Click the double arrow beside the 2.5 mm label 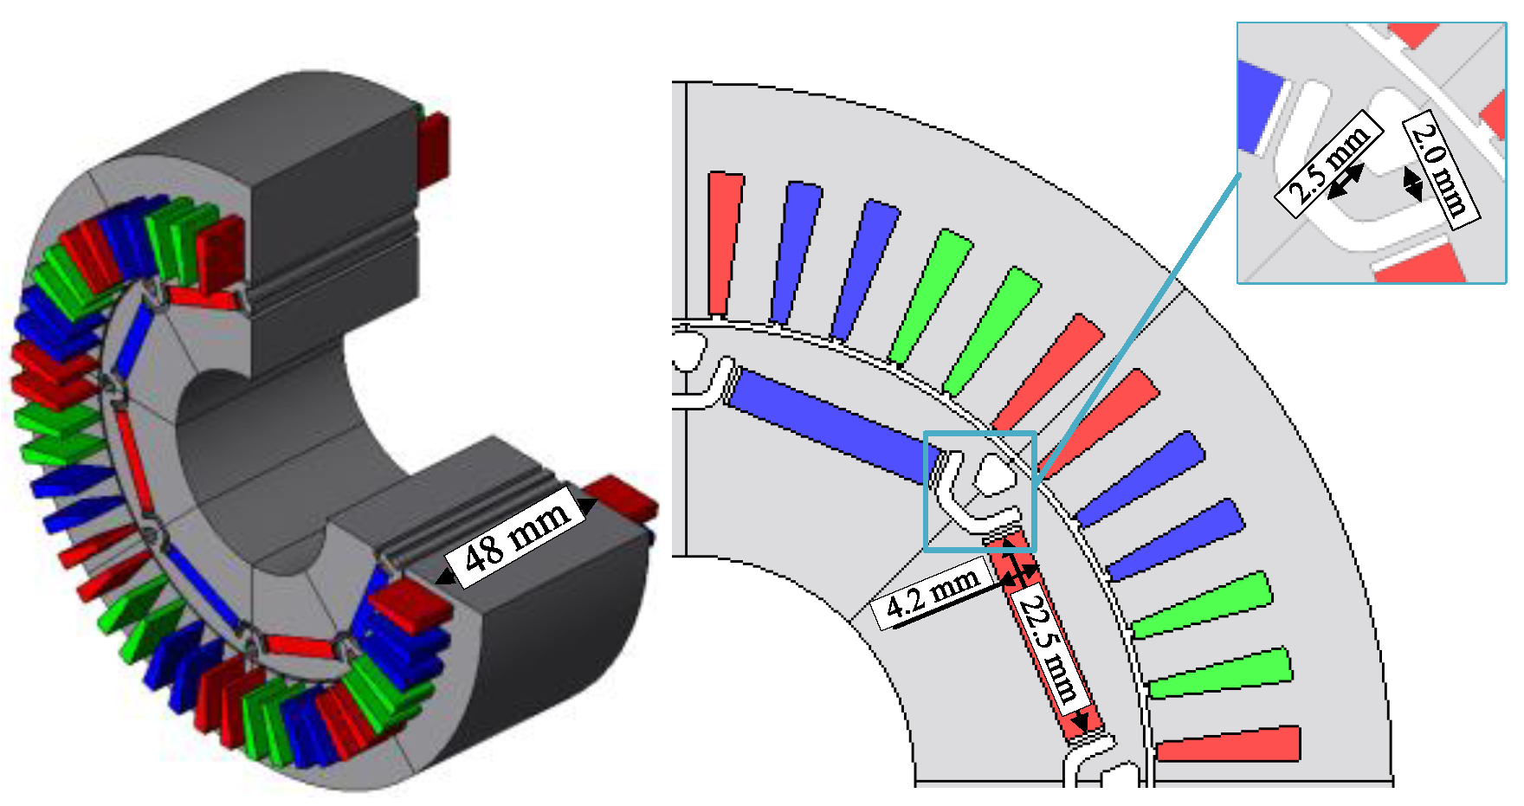1345,182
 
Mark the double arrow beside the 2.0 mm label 1412,183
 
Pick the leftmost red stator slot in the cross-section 725,243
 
